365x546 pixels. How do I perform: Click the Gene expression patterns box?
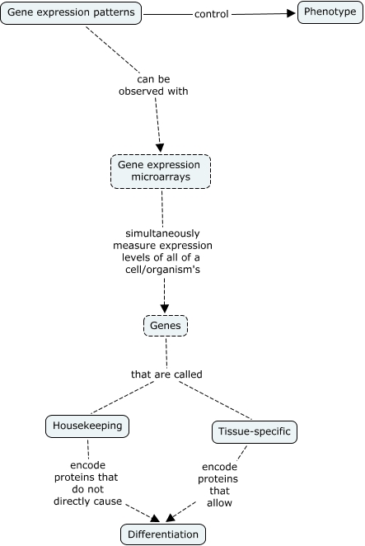(x=71, y=13)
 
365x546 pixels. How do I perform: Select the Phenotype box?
(x=330, y=12)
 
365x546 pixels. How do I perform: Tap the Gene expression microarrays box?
(x=161, y=172)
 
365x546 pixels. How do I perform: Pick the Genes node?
(x=166, y=326)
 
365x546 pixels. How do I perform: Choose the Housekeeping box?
(x=87, y=426)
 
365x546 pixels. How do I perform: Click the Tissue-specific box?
(x=255, y=432)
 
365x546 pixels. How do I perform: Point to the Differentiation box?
(x=163, y=534)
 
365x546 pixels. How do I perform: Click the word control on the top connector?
(x=212, y=14)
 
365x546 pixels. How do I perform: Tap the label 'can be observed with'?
(x=153, y=85)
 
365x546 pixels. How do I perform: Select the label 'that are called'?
(x=166, y=374)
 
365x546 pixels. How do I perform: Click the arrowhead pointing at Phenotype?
(x=291, y=13)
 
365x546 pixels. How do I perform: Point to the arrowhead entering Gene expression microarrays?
(x=160, y=148)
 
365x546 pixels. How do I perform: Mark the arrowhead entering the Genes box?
(x=165, y=308)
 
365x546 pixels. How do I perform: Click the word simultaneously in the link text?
(x=162, y=233)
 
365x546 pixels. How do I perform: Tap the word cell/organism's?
(x=163, y=270)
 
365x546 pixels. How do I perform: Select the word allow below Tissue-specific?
(x=219, y=503)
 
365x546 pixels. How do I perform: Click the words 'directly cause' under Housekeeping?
(x=87, y=501)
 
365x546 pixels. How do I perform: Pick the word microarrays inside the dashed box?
(x=161, y=177)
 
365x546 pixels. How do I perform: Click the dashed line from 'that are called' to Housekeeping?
(x=122, y=398)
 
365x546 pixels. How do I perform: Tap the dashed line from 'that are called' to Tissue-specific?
(x=215, y=401)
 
